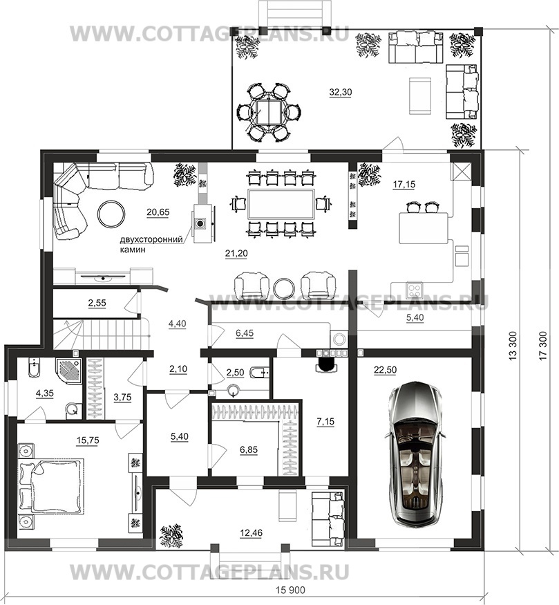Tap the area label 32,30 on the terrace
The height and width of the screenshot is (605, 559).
tap(341, 92)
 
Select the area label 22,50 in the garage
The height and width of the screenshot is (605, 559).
tap(385, 370)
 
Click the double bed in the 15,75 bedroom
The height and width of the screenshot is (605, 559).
tap(51, 486)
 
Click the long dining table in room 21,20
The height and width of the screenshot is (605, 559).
tap(281, 203)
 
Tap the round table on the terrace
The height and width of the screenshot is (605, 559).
tap(269, 111)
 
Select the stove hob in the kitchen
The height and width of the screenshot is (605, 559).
tap(415, 289)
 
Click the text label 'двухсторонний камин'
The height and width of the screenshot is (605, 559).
tap(151, 244)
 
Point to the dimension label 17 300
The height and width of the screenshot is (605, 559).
tap(543, 346)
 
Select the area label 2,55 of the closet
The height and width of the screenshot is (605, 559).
tap(97, 303)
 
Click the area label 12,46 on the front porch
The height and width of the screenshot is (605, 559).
tap(251, 533)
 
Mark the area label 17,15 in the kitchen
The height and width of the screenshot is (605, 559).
tap(404, 185)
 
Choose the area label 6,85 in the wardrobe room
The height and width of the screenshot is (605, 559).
tap(249, 449)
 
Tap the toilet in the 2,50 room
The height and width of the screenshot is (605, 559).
tap(259, 373)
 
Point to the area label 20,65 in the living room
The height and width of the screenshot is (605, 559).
tap(158, 212)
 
